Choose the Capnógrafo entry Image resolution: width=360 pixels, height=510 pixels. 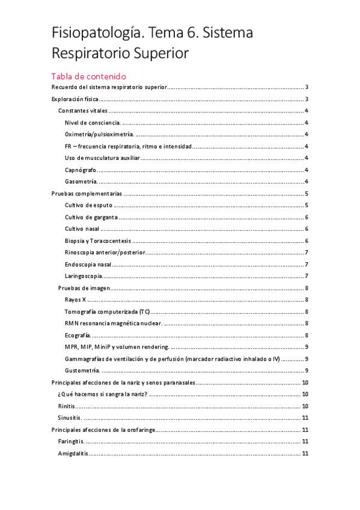coord(81,170)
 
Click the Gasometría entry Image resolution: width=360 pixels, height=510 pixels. coord(81,182)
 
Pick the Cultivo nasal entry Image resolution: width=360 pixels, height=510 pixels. coord(82,229)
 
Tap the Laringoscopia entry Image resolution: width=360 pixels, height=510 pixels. coord(83,276)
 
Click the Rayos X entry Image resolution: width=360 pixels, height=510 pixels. coord(75,300)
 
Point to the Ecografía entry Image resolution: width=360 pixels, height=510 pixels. coord(78,335)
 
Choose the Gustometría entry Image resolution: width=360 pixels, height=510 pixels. coord(82,370)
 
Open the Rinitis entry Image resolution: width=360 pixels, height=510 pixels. coord(66,406)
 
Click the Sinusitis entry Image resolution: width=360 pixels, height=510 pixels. coord(69,417)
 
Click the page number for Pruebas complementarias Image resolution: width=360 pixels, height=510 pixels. coord(307,194)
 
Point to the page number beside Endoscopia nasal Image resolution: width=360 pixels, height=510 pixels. coord(307,264)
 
